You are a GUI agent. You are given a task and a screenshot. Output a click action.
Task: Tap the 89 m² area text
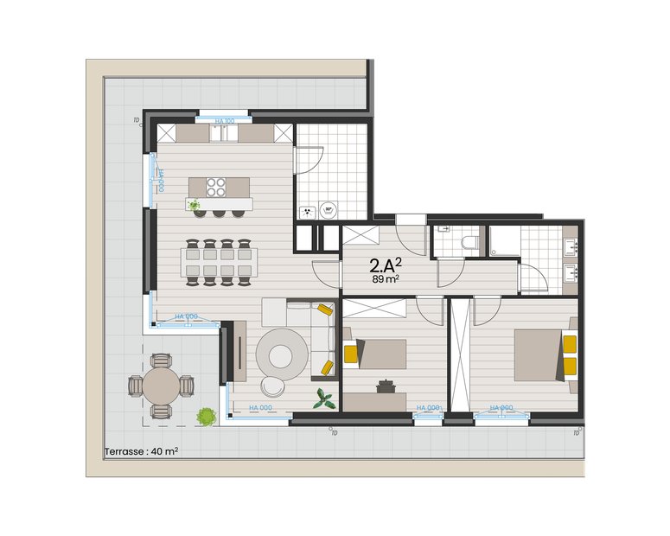pos(386,279)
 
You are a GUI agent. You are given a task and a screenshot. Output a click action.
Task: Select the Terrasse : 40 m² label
pos(141,451)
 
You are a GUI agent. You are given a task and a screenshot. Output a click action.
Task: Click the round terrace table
pos(160,386)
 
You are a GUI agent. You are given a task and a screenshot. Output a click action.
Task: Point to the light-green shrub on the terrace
pos(205,416)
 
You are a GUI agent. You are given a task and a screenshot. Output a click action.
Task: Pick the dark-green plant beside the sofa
pos(326,399)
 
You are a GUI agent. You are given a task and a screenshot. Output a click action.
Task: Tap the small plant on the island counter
pos(195,205)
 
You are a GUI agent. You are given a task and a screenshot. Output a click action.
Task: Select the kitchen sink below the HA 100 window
pos(224,134)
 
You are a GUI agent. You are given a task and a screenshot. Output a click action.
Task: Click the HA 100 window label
pos(224,122)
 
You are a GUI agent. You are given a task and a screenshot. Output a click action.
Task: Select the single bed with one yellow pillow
pos(377,354)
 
